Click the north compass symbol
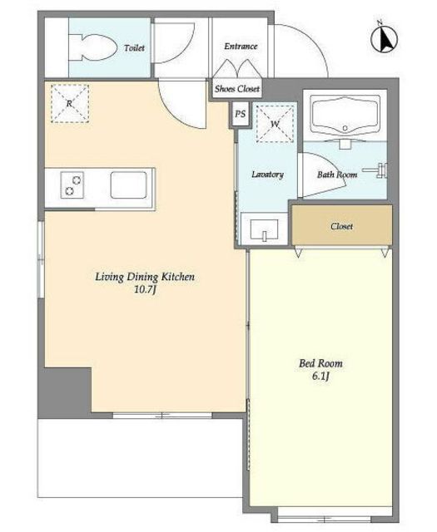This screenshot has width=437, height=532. (385, 38)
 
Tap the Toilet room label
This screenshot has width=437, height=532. (134, 48)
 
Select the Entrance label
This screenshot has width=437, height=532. (241, 47)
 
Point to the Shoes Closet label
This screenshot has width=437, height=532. (237, 89)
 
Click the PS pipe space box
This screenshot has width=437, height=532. (241, 114)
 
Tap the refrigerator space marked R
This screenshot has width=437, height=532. (70, 103)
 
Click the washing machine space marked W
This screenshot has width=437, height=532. (275, 124)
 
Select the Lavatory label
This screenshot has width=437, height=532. (267, 175)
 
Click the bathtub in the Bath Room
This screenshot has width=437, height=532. (345, 116)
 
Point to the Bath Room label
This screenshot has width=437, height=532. (337, 175)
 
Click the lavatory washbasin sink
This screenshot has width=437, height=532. (265, 229)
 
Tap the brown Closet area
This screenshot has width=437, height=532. (342, 225)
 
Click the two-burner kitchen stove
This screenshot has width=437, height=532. (72, 185)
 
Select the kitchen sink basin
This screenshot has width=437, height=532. (128, 185)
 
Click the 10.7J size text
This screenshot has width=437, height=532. (145, 290)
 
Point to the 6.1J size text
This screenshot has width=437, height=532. (320, 377)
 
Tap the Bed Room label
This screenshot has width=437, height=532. (320, 364)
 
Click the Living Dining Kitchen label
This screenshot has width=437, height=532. (145, 277)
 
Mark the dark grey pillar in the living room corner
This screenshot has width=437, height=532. (65, 393)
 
